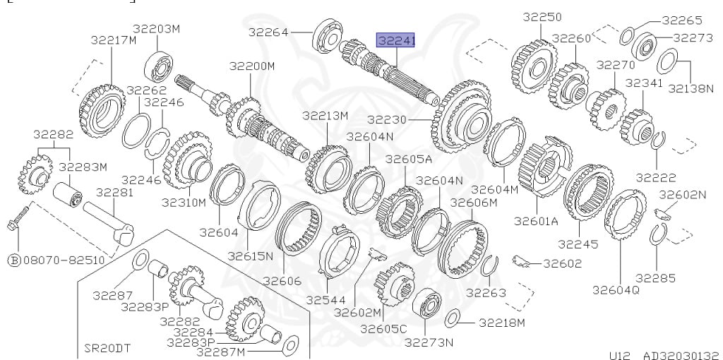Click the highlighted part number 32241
[396, 40]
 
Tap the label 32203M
[156, 28]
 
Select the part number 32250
[542, 17]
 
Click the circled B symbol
[14, 260]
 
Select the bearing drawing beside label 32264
[328, 35]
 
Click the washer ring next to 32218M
[453, 318]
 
